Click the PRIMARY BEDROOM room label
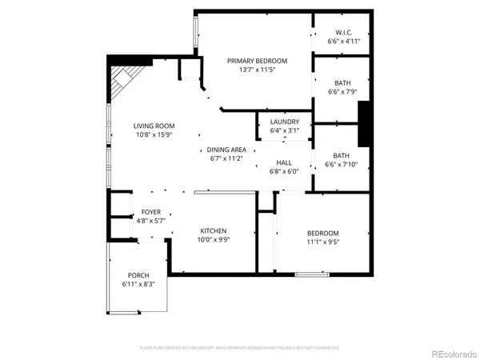[257, 61]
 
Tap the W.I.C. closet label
[342, 33]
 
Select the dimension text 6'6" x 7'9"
[342, 92]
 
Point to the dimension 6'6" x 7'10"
[342, 166]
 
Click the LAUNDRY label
[284, 122]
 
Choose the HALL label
[284, 162]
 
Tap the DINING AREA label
[226, 150]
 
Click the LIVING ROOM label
[154, 126]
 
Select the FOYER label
[152, 212]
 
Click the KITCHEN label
[214, 230]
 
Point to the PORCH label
[138, 275]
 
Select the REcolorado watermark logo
[452, 353]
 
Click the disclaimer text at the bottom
[240, 348]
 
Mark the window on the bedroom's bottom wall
[312, 275]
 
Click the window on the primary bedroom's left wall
[194, 33]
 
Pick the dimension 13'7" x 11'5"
[257, 70]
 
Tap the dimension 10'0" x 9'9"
[214, 239]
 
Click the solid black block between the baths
[364, 124]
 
